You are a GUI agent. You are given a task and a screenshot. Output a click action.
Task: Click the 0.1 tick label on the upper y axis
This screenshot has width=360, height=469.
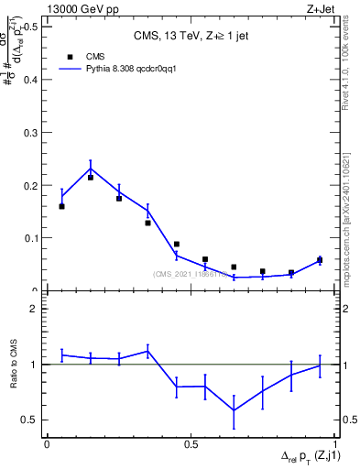tap(30, 238)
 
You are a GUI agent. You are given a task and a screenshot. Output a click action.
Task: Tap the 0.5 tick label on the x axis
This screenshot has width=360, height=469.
tap(191, 444)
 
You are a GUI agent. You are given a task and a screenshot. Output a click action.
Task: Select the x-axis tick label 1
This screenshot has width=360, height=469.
tap(335, 444)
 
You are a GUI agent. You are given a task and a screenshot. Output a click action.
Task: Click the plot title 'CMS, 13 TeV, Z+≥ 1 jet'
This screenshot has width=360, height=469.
tap(191, 37)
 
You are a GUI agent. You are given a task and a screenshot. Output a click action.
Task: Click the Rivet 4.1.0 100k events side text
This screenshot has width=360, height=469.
tap(351, 69)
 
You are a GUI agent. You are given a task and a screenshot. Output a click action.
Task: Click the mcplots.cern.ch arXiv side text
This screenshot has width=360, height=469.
tap(351, 215)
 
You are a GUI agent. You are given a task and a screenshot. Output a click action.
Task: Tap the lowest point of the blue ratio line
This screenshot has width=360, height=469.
tap(235, 409)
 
